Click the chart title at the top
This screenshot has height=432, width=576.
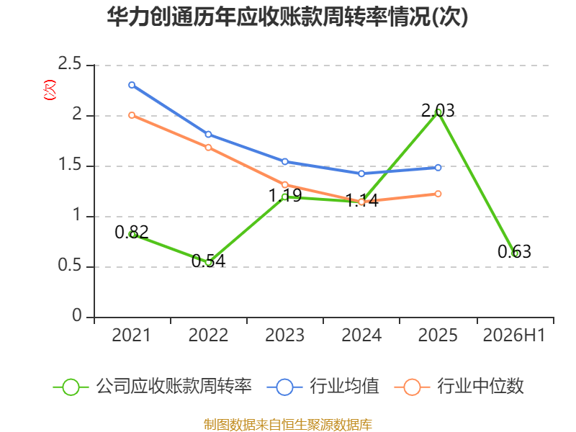[287, 17]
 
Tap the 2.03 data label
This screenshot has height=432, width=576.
[438, 111]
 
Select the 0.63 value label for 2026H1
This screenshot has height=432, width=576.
[514, 251]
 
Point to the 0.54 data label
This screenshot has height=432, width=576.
[208, 261]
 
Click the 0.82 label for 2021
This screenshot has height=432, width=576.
[132, 232]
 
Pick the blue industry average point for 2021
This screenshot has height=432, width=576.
[132, 85]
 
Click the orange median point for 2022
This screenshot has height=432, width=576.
[208, 148]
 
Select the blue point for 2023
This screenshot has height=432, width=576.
[284, 161]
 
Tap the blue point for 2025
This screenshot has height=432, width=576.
[438, 168]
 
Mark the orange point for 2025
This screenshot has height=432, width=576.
[438, 194]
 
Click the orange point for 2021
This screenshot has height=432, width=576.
[132, 115]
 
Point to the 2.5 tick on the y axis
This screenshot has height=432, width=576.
[69, 64]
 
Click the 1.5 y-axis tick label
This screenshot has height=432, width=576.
[69, 165]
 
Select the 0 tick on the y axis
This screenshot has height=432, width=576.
[77, 315]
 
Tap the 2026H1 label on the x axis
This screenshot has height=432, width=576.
[514, 336]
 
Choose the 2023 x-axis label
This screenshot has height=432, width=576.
[284, 336]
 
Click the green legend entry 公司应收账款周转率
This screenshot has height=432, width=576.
[153, 387]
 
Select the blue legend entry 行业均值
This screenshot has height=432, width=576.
[323, 387]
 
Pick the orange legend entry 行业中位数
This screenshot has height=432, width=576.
[459, 387]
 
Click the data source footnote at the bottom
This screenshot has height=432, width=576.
[287, 425]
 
